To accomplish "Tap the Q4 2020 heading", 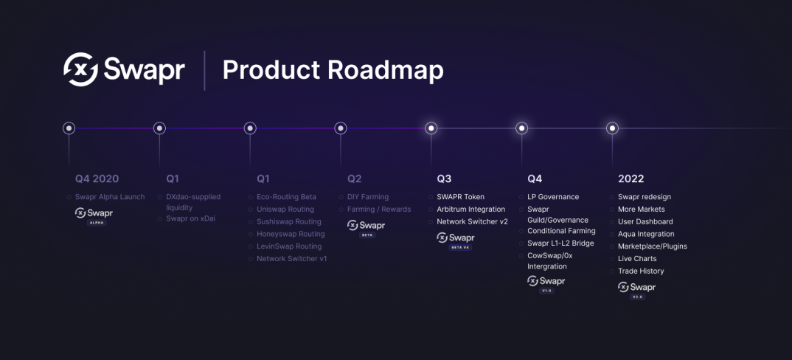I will pos(97,179).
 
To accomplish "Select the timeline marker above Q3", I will pos(431,128).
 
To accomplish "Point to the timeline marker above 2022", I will pos(612,128).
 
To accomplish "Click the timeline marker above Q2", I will pos(341,128).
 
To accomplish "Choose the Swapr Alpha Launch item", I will pos(110,197).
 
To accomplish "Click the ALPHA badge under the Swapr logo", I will pos(97,222).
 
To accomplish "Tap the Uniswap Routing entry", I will pos(285,210).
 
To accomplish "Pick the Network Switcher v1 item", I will pos(291,259).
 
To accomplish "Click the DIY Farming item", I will pos(368,197).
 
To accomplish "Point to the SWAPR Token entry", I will pos(461,197).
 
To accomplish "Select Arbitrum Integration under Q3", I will pos(470,210).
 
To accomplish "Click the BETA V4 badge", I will pos(459,247).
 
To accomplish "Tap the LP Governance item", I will pos(553,197).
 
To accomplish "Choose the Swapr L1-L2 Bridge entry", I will pos(560,243).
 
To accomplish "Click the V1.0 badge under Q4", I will pos(546,291).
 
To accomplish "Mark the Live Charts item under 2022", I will pos(637,259).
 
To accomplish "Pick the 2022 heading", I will pos(631,179).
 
